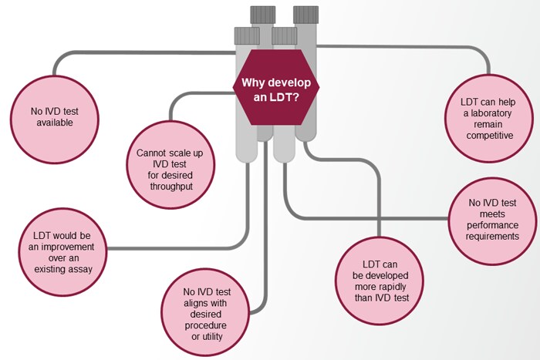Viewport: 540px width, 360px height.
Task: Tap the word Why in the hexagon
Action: pyautogui.click(x=254, y=83)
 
